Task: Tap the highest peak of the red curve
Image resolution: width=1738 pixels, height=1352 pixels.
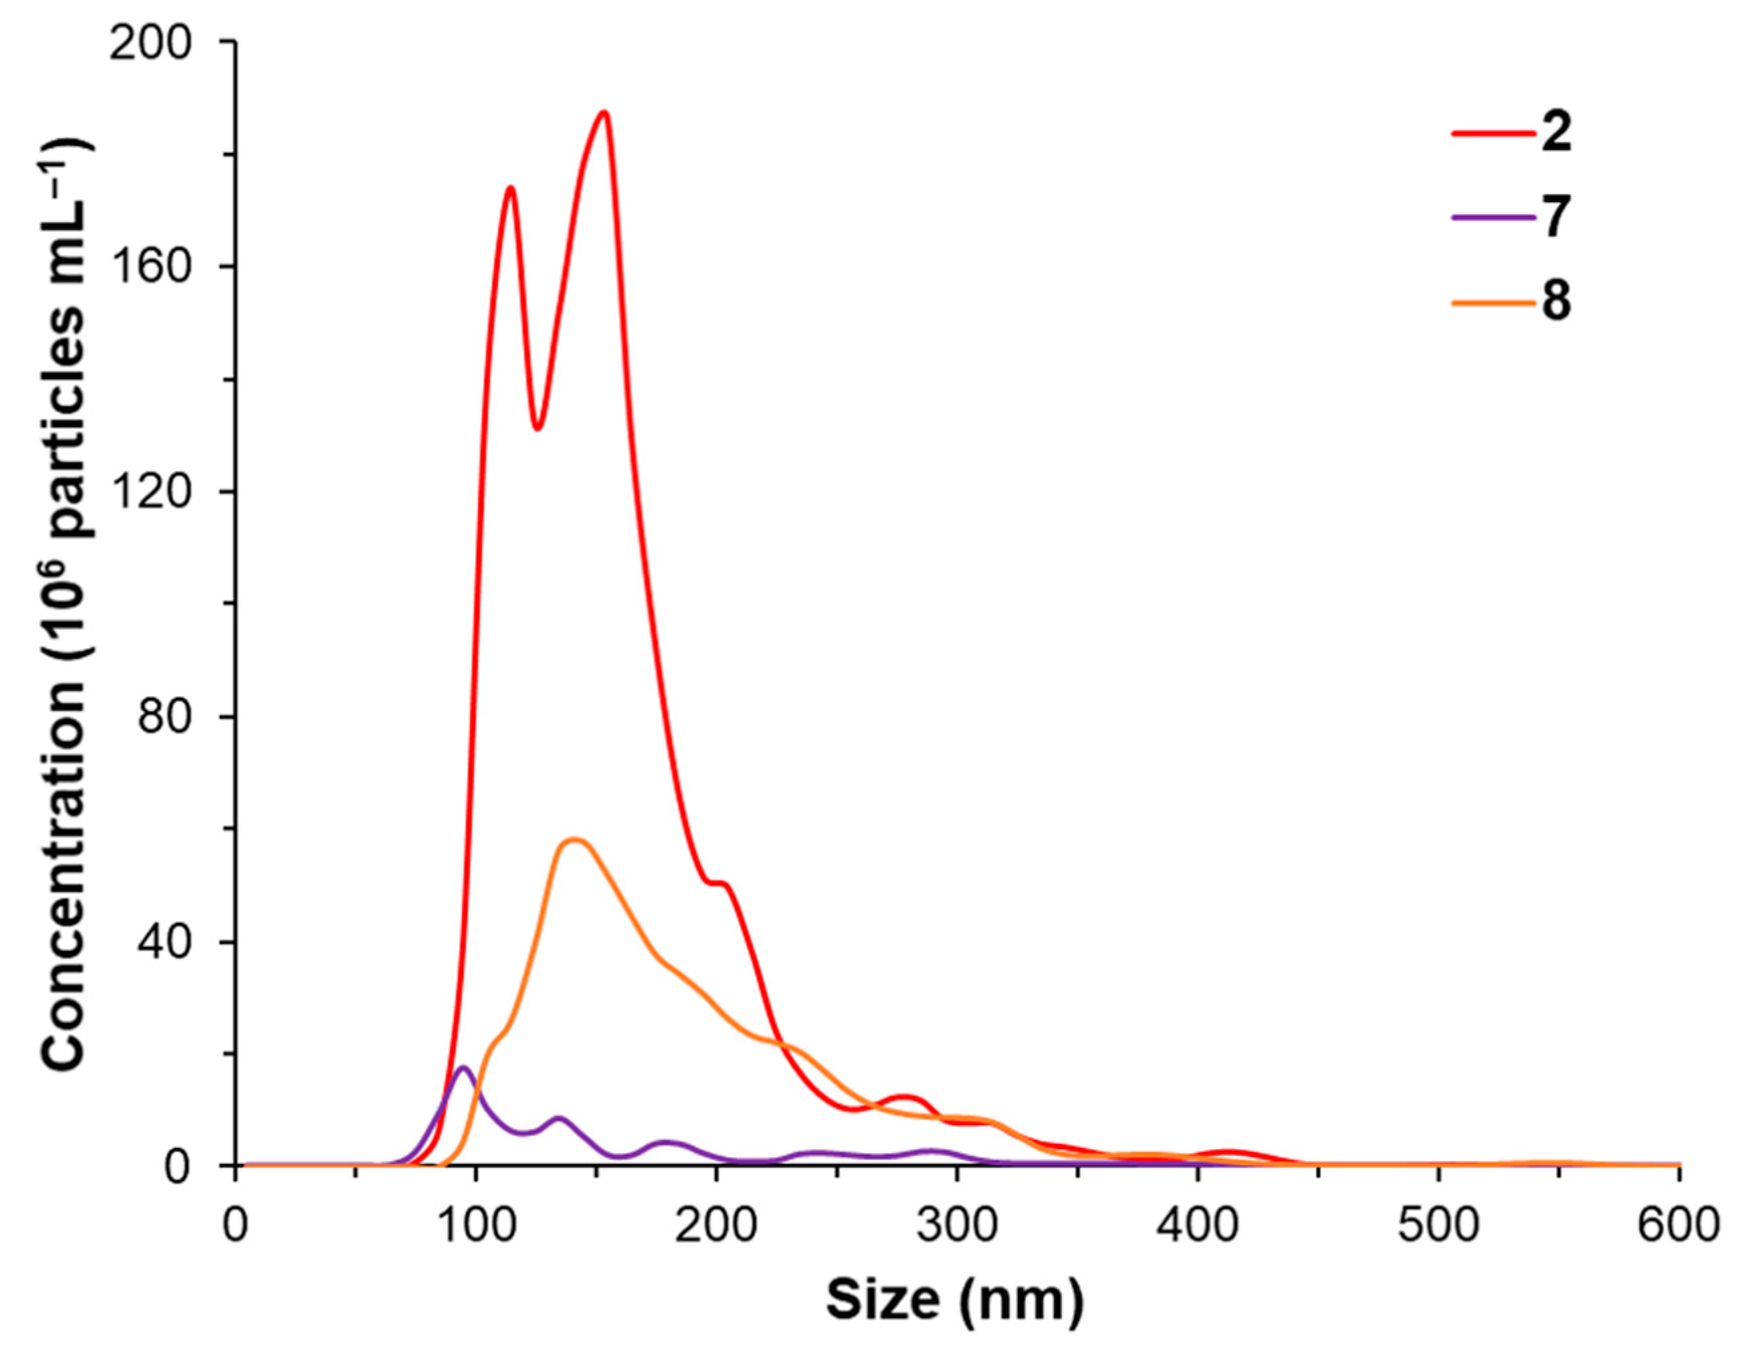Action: [x=604, y=112]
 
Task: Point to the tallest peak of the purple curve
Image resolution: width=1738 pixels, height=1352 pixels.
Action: [x=464, y=1068]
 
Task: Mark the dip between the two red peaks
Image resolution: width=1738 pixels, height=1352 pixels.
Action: [x=538, y=429]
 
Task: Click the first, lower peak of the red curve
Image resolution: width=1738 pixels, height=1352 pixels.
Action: [x=510, y=188]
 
